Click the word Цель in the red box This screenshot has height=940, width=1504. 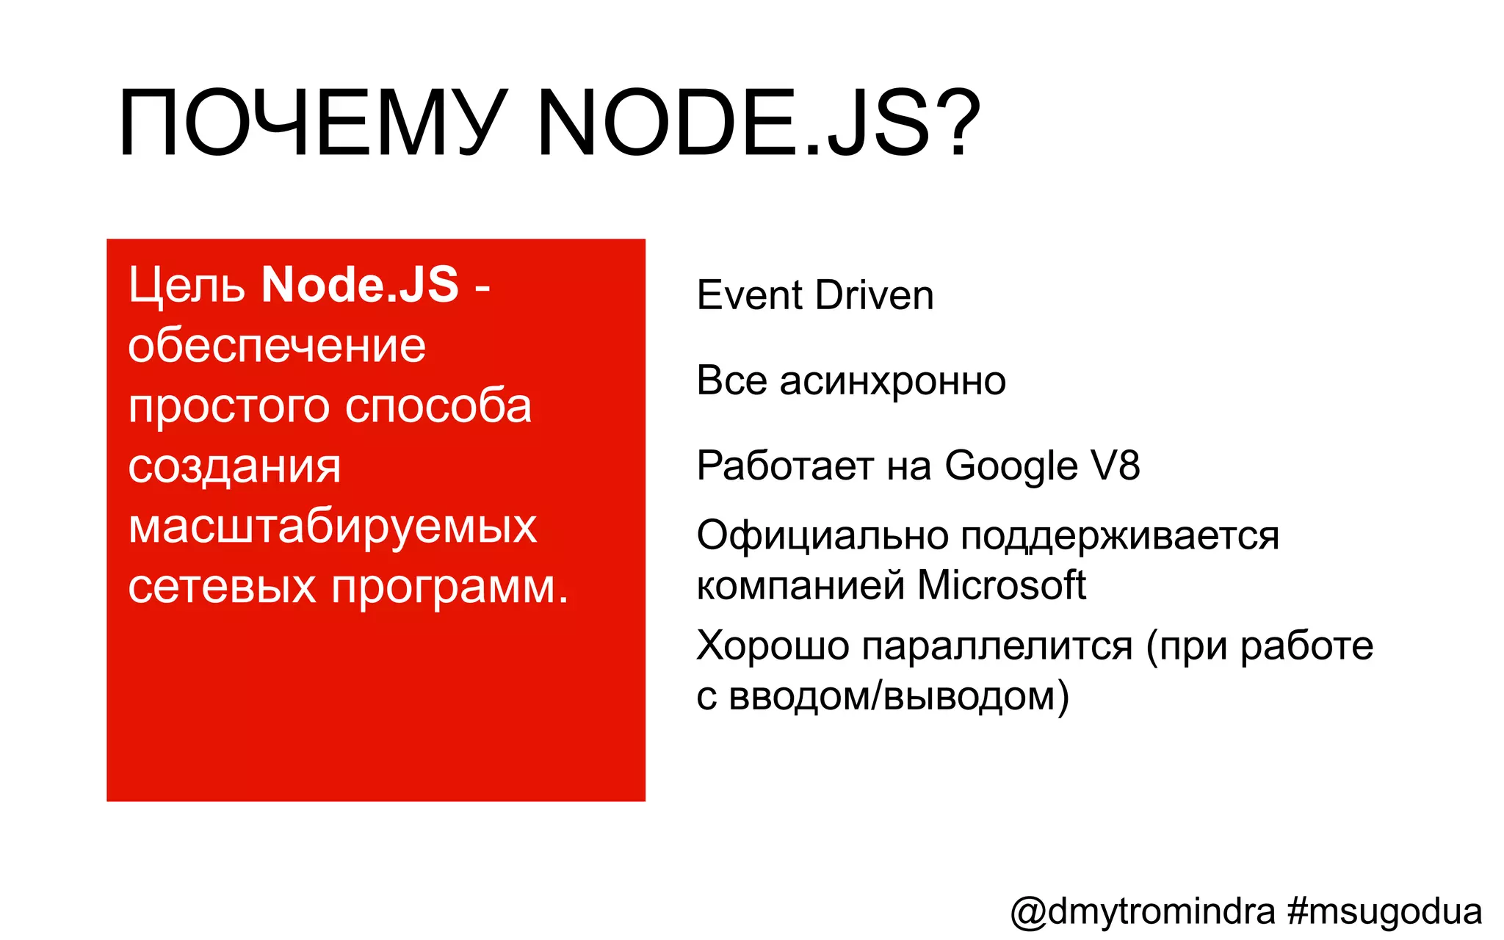pyautogui.click(x=187, y=286)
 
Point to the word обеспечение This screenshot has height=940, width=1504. pyautogui.click(x=277, y=346)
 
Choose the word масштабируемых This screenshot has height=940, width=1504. pyautogui.click(x=333, y=527)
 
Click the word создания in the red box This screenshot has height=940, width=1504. pyautogui.click(x=234, y=467)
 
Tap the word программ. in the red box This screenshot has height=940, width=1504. pyautogui.click(x=450, y=587)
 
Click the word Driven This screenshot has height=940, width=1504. pyautogui.click(x=874, y=295)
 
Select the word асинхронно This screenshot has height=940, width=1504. pyautogui.click(x=892, y=381)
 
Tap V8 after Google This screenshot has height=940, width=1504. pyautogui.click(x=1115, y=466)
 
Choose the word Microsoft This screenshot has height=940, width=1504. pyautogui.click(x=1001, y=585)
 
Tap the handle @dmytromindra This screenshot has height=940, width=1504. pyautogui.click(x=1143, y=912)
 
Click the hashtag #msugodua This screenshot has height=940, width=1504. pyautogui.click(x=1384, y=912)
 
